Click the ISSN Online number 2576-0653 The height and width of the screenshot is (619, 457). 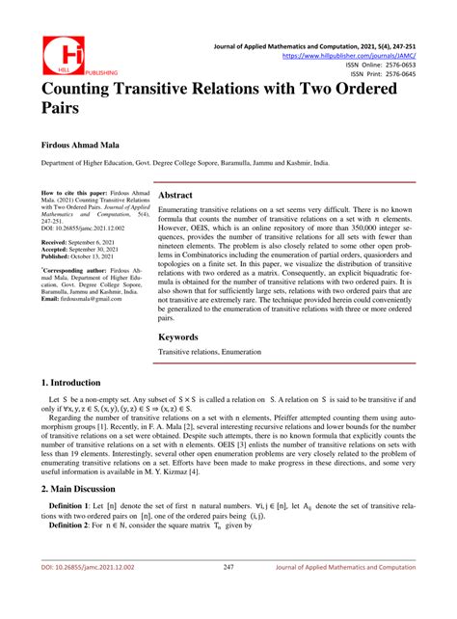[423, 66]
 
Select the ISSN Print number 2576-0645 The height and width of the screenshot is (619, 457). [423, 74]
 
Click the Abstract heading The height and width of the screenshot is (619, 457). [182, 195]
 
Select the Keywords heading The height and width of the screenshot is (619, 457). [187, 310]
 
